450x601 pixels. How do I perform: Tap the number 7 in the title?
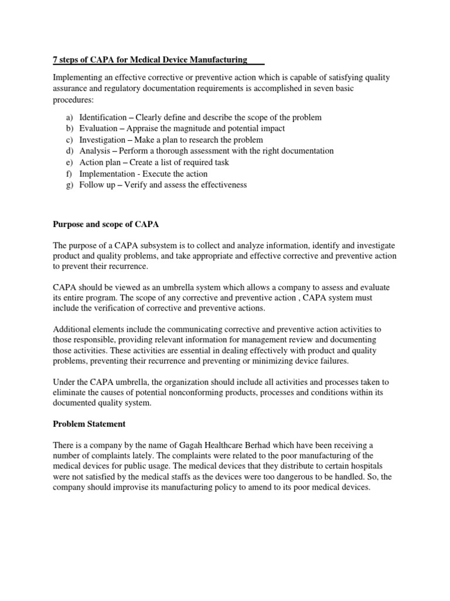[56, 60]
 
